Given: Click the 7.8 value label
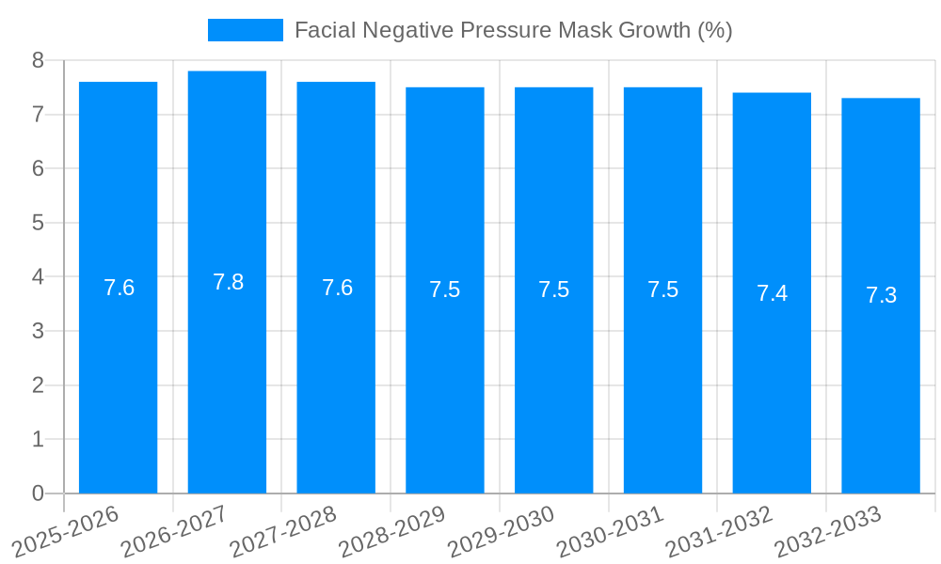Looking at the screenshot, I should click(228, 282).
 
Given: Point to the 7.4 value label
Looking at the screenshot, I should click(772, 293).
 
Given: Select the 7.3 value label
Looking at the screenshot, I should click(881, 295).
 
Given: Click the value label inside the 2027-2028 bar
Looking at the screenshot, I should click(337, 288).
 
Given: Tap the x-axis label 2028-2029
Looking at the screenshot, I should click(391, 532).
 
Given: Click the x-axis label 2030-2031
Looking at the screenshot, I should click(610, 532).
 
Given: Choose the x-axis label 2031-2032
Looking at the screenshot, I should click(719, 532).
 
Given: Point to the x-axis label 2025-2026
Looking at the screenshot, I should click(65, 532).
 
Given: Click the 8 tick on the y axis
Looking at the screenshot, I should click(38, 60).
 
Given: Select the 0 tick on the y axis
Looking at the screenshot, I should click(38, 493).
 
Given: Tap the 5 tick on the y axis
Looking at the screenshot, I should click(38, 223).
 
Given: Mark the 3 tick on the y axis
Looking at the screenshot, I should click(38, 331).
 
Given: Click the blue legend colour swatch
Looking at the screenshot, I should click(245, 30).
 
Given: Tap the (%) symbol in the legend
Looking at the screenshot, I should click(714, 30).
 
